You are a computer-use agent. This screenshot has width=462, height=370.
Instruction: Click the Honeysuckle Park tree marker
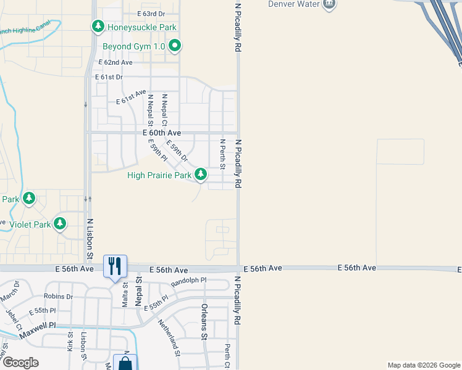pyautogui.click(x=98, y=27)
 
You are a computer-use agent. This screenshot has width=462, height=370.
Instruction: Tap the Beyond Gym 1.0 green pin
pyautogui.click(x=175, y=45)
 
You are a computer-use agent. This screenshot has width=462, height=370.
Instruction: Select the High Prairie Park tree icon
pyautogui.click(x=201, y=175)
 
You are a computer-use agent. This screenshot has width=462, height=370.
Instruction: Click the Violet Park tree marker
pyautogui.click(x=60, y=224)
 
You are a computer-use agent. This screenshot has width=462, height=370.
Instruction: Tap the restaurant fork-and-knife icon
pyautogui.click(x=115, y=266)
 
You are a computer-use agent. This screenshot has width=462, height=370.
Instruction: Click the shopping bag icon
pyautogui.click(x=125, y=363)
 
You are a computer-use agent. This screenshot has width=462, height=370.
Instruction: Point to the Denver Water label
pyautogui.click(x=293, y=4)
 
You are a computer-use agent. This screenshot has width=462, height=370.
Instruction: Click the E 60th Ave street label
pyautogui.click(x=162, y=133)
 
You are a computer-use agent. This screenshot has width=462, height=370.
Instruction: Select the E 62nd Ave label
pyautogui.click(x=115, y=62)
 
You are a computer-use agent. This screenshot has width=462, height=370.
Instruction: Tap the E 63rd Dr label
pyautogui.click(x=152, y=13)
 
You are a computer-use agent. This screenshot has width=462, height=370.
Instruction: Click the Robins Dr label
pyautogui.click(x=59, y=297)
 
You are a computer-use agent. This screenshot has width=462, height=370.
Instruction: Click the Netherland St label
pyautogui.click(x=168, y=337)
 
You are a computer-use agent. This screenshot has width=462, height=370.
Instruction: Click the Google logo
pyautogui.click(x=20, y=363)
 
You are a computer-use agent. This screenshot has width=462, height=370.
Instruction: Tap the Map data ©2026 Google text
pyautogui.click(x=423, y=365)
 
